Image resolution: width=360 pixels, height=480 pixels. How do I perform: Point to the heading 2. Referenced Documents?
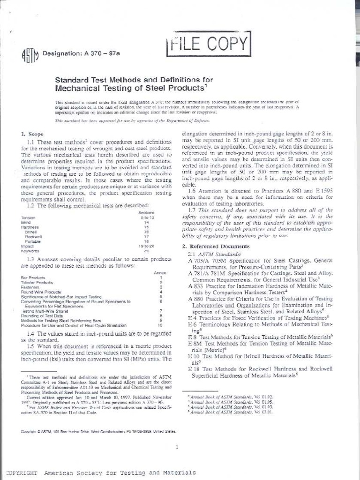(216, 246)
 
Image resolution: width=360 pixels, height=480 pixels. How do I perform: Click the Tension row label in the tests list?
(28, 217)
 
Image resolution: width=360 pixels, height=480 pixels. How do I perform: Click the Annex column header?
(160, 272)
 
